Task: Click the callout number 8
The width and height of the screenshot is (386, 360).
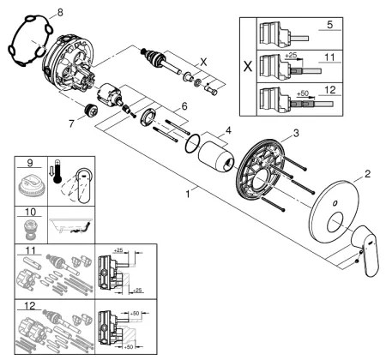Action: tap(59, 12)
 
